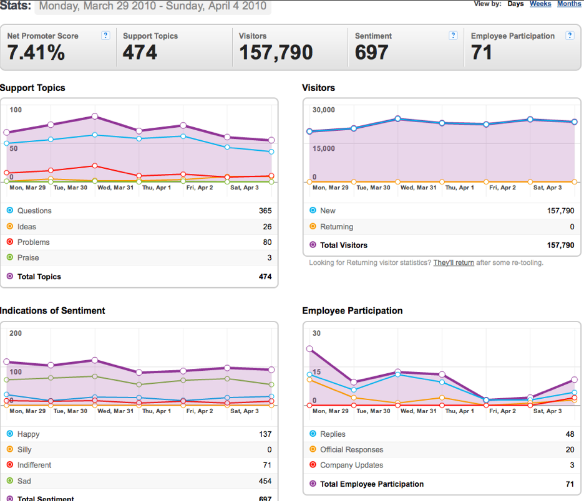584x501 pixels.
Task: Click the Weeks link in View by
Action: [540, 4]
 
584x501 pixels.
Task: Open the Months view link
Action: [569, 4]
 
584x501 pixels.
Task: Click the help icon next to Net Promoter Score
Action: [106, 36]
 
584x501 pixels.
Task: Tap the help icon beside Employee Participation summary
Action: [570, 36]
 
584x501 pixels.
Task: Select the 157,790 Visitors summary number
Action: [276, 52]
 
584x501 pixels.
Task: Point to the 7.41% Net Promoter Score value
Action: [36, 52]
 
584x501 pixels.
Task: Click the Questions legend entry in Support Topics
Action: [34, 211]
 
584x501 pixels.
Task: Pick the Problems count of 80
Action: [267, 242]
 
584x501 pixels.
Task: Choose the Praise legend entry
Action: [28, 257]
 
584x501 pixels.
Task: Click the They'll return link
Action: [454, 262]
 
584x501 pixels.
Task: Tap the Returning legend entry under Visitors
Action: [336, 227]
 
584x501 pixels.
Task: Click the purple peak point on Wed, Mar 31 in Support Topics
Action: [95, 117]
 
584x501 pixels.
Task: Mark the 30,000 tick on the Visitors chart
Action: [324, 110]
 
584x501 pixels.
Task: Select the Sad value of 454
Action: [265, 481]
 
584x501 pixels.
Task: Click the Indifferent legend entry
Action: [34, 465]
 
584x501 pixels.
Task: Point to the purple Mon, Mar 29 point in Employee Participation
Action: [309, 349]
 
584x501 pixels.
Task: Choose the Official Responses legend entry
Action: [352, 450]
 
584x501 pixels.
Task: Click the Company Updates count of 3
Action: [572, 465]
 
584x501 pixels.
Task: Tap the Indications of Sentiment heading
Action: [52, 310]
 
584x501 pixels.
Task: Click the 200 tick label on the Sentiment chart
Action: [16, 333]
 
